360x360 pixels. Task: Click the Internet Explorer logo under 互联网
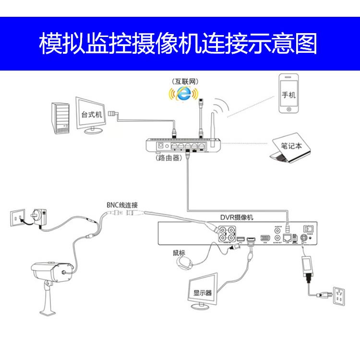(x=181, y=95)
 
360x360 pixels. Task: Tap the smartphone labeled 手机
(x=288, y=95)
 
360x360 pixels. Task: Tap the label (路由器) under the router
(x=168, y=157)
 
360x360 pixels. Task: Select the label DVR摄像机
(x=236, y=217)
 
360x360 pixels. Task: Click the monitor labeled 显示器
(x=203, y=289)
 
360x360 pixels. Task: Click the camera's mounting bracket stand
(x=48, y=300)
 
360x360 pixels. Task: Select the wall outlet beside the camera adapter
(x=17, y=217)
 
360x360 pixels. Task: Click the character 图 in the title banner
(x=307, y=44)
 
